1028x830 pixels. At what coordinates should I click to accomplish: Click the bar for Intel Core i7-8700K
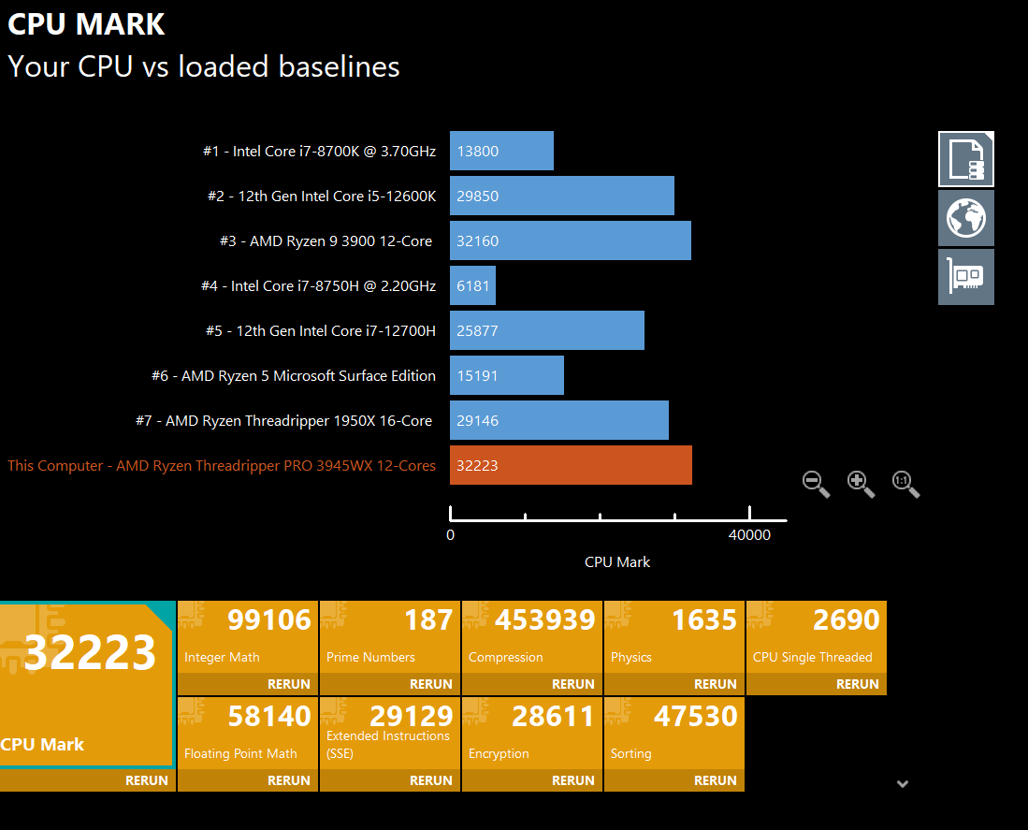(501, 151)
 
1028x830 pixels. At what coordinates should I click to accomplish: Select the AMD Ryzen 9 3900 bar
(570, 240)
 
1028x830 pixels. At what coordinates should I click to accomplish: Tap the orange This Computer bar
(571, 465)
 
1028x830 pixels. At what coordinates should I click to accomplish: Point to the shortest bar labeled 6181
(472, 285)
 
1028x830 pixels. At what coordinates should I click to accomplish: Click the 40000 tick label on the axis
(749, 535)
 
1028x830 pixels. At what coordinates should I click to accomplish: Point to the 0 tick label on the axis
(450, 535)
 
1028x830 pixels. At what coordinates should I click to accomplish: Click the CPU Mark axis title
(617, 562)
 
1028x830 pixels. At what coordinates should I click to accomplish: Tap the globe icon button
(965, 218)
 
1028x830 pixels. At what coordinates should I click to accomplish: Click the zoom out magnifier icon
(816, 483)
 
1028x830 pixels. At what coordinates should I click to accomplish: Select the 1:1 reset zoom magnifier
(905, 483)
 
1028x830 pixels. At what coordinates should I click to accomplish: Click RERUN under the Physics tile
(716, 684)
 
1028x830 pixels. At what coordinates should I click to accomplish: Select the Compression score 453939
(545, 619)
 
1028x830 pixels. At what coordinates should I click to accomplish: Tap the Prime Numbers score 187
(428, 619)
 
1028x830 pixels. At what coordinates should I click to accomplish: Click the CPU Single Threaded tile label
(812, 657)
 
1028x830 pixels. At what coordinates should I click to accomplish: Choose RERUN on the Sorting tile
(716, 780)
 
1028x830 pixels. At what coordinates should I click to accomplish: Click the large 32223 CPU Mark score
(90, 652)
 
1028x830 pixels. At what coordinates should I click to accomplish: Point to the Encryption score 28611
(553, 716)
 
